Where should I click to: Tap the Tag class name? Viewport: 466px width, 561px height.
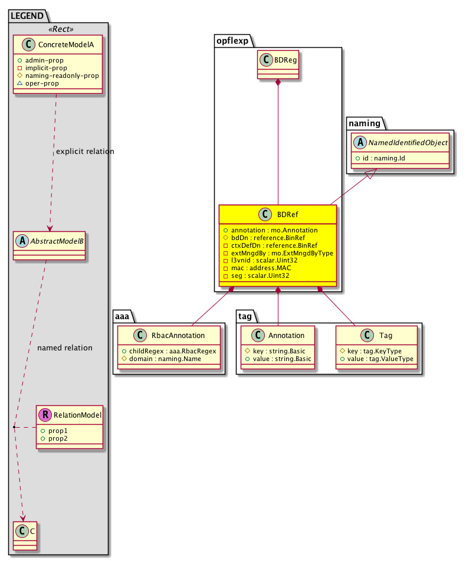(386, 335)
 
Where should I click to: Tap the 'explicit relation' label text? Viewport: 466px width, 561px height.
(85, 152)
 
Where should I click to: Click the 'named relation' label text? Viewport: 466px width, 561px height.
(65, 347)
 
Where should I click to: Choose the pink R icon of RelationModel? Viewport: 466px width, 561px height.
(45, 415)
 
